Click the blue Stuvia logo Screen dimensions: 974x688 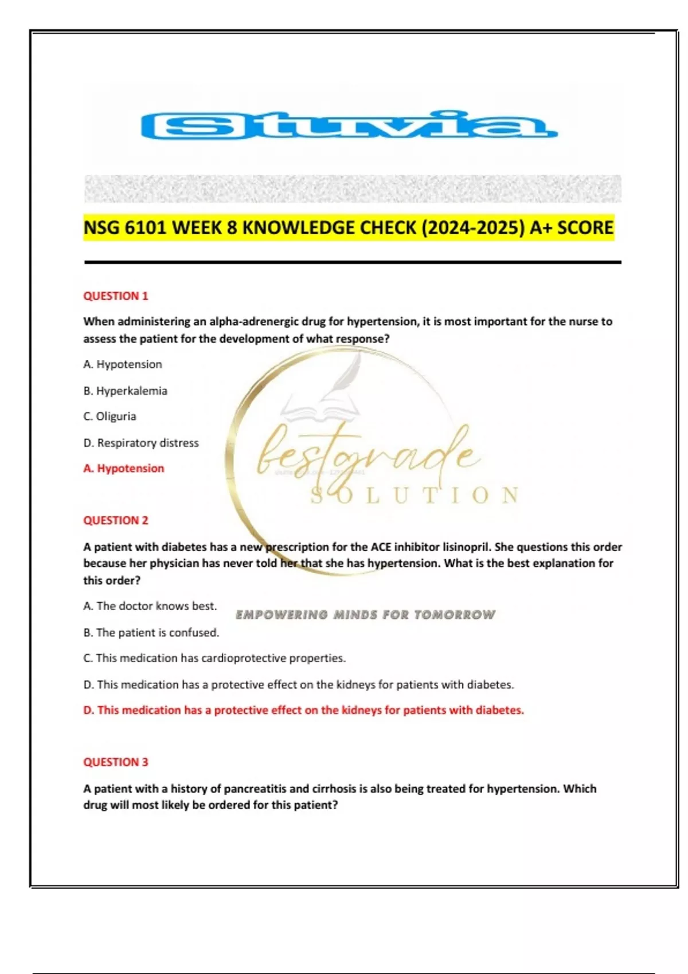click(349, 125)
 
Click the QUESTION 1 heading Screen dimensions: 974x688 click(116, 296)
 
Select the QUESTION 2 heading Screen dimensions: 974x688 click(116, 520)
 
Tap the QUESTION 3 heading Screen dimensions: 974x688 click(116, 762)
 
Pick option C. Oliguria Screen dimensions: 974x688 click(110, 417)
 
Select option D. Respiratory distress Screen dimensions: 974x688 click(141, 443)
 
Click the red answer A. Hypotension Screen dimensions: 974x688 click(124, 469)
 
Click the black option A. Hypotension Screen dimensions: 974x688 click(123, 364)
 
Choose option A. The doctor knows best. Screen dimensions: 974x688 click(150, 606)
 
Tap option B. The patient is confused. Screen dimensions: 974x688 click(151, 633)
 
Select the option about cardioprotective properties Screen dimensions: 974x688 click(214, 658)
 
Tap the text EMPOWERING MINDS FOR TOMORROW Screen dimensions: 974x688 click(365, 615)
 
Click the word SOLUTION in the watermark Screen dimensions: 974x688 click(415, 496)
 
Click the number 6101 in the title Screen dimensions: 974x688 click(146, 228)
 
